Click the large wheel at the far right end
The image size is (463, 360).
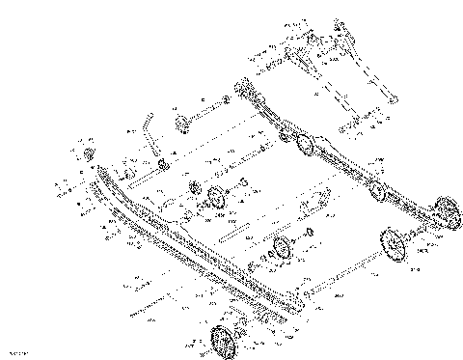coord(446,213)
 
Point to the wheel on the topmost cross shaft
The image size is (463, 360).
coord(180,123)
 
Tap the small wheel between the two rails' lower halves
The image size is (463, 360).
coord(284,249)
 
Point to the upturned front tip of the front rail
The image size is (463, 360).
coord(98,170)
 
